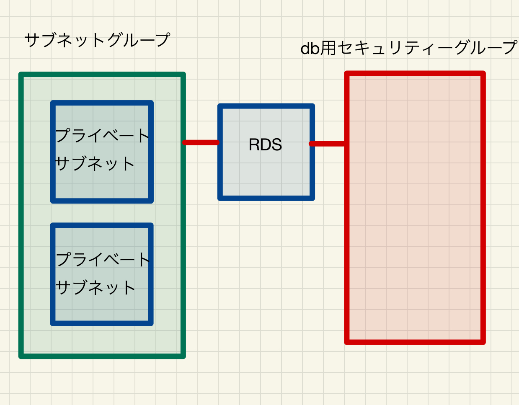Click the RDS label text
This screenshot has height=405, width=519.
point(265,144)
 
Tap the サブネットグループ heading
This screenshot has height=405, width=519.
point(97,40)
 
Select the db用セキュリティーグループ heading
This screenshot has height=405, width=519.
point(409,48)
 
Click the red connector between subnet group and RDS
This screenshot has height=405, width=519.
point(201,142)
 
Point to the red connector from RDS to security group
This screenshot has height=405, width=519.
point(328,144)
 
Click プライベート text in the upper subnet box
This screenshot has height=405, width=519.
point(103,135)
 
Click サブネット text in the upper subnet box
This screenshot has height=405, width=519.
point(95,164)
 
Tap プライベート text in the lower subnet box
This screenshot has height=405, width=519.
point(103,259)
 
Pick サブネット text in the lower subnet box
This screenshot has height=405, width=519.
point(96,287)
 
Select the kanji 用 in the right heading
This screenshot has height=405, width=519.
point(328,48)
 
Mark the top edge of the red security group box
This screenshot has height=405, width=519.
point(415,73)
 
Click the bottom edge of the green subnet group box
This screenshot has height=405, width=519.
point(102,356)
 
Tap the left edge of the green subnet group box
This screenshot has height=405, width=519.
point(21,215)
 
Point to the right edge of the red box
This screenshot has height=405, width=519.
point(483,208)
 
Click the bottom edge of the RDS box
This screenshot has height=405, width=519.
point(266,198)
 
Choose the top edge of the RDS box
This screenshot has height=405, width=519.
point(266,106)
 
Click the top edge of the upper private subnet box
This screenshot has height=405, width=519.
point(102,103)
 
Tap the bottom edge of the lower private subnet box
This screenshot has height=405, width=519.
point(102,323)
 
